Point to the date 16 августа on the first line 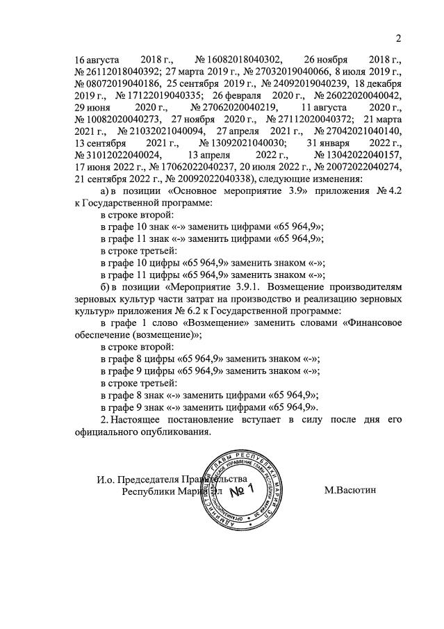tap(97, 60)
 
